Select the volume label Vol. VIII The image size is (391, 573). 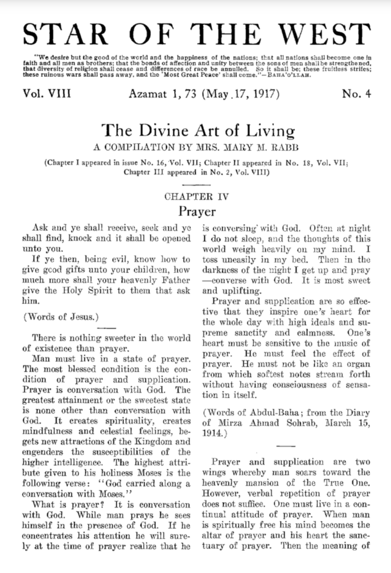pos(47,93)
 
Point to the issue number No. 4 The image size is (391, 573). pos(356,93)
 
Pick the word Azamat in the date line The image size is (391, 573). pos(148,94)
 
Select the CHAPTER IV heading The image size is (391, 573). pos(196,197)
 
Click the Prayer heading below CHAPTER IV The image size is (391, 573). pos(197,211)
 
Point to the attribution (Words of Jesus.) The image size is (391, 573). pos(61,317)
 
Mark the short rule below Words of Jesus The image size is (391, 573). pos(106,328)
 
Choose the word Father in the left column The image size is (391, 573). pos(176,280)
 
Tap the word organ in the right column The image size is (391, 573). pos(358,364)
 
